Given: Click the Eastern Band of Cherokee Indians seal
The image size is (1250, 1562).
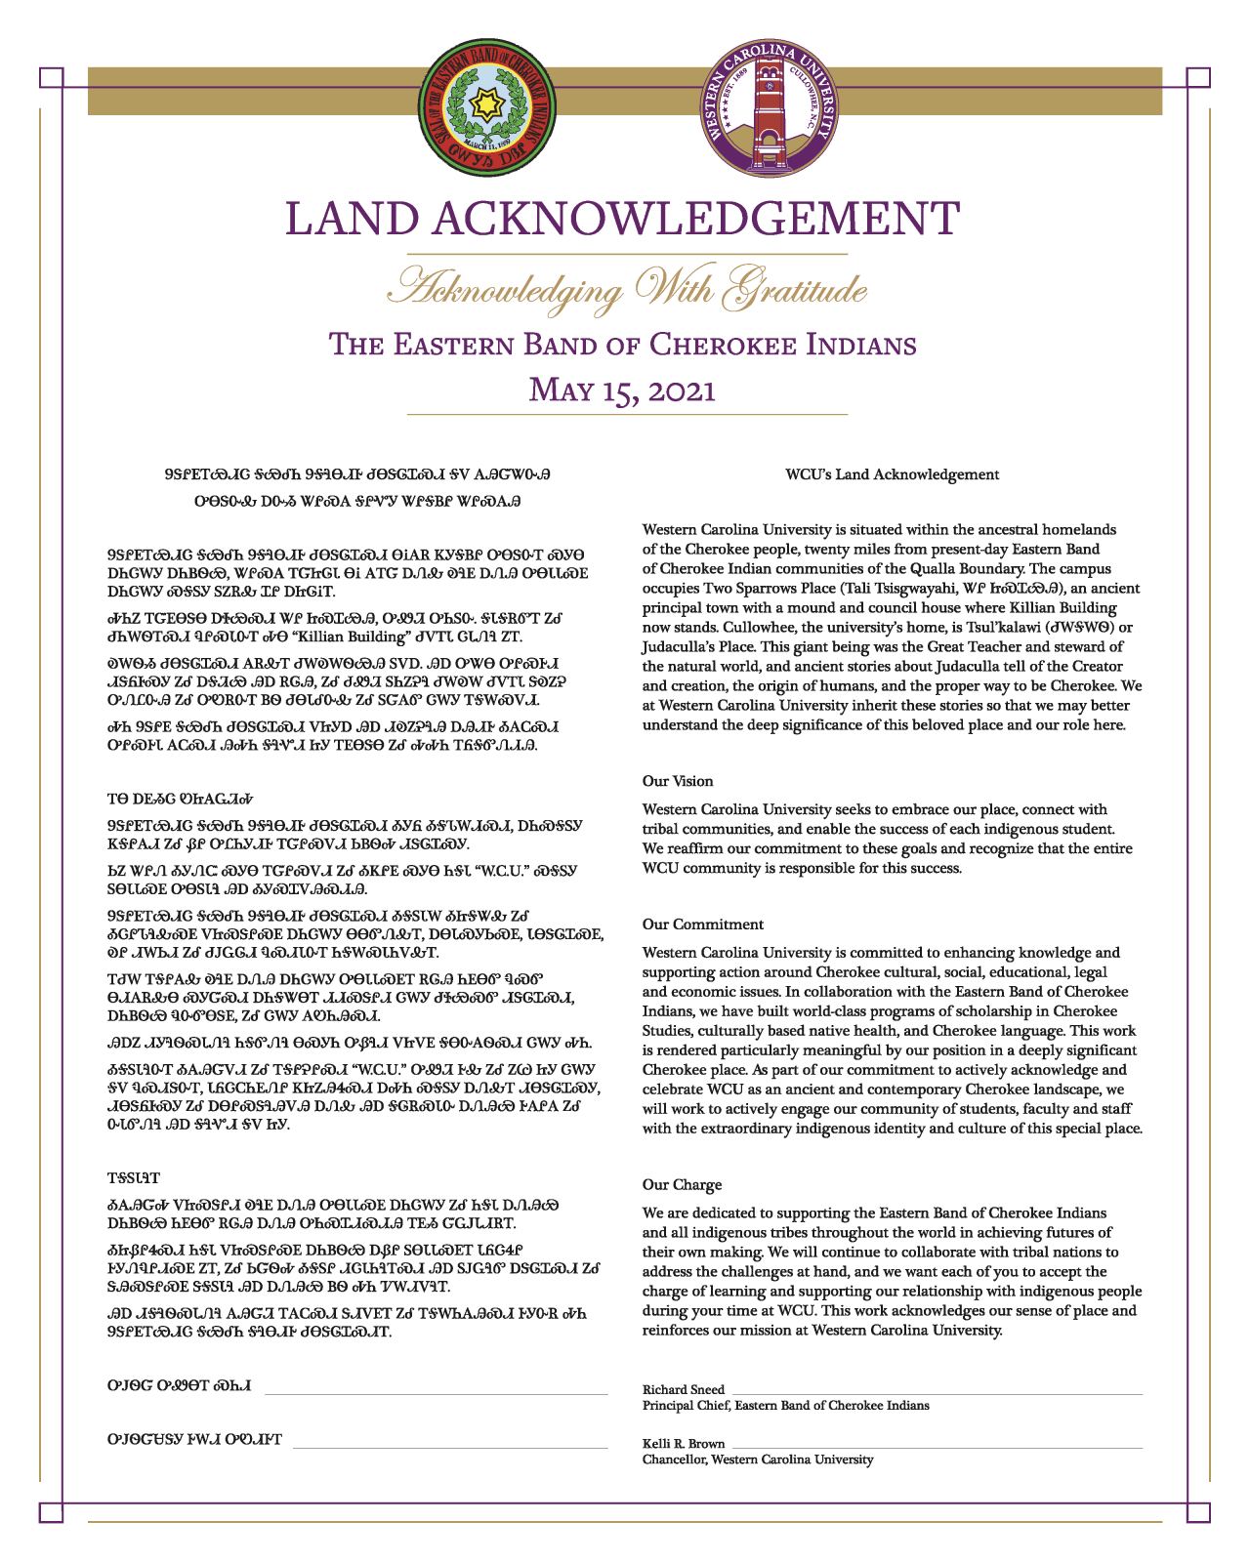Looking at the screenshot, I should (489, 104).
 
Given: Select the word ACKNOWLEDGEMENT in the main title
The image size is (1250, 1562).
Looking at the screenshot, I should (694, 219).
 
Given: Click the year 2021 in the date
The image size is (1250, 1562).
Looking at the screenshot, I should (679, 390).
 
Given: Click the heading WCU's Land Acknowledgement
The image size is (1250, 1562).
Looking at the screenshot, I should (892, 474).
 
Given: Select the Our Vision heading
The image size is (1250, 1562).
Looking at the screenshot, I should (678, 781).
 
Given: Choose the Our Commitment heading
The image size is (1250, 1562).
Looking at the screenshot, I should (702, 925).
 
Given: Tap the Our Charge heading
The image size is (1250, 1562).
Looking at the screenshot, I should (682, 1185).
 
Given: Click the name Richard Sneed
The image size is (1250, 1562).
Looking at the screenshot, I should (684, 1389).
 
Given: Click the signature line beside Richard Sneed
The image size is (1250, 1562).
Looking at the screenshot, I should (936, 1393).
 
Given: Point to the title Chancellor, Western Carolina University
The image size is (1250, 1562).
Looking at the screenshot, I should (758, 1459).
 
